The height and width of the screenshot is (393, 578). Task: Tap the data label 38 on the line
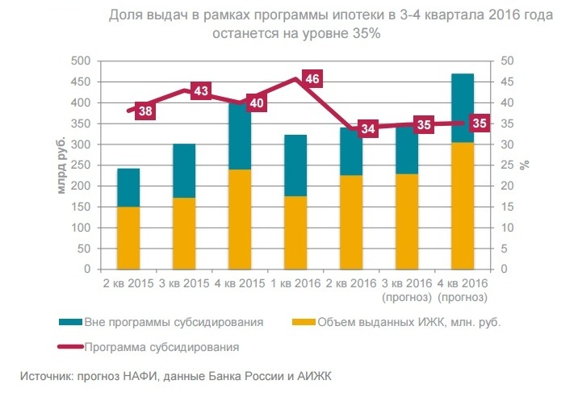(145, 111)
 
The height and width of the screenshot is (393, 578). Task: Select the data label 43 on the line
(201, 90)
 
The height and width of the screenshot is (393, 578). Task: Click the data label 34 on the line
(368, 128)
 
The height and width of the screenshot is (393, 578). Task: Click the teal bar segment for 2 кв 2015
(128, 187)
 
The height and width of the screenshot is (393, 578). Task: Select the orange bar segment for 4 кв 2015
(240, 219)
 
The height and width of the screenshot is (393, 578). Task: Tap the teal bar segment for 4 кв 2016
(463, 107)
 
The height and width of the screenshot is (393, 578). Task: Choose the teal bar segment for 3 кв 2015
(184, 170)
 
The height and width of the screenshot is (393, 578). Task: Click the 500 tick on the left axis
(78, 61)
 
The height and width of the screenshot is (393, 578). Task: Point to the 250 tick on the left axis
(78, 165)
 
